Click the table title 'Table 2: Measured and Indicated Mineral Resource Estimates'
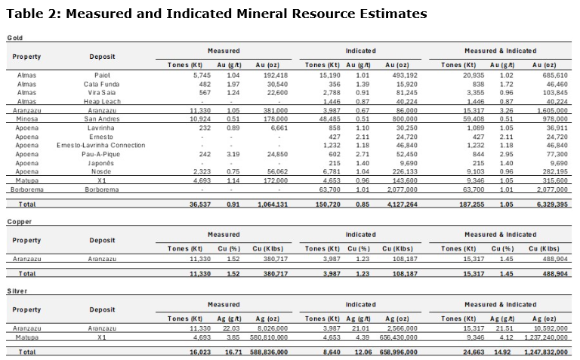pyautogui.click(x=217, y=14)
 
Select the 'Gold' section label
pyautogui.click(x=14, y=38)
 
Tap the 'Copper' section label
pyautogui.click(x=20, y=222)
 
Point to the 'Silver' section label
pyautogui.click(x=17, y=291)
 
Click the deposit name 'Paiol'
pyautogui.click(x=103, y=75)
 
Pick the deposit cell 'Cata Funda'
pyautogui.click(x=103, y=85)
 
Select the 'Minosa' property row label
pyautogui.click(x=26, y=118)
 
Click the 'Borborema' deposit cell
pyautogui.click(x=103, y=189)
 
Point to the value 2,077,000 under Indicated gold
pyautogui.click(x=401, y=189)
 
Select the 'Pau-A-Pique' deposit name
pyautogui.click(x=103, y=153)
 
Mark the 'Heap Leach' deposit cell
pyautogui.click(x=103, y=101)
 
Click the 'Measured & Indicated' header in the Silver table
pyautogui.click(x=500, y=304)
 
